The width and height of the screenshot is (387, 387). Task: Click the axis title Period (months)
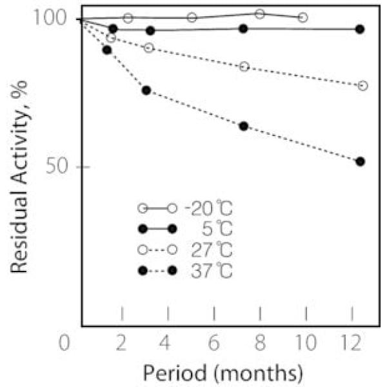(x=223, y=372)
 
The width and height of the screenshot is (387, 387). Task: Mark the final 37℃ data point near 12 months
(x=360, y=161)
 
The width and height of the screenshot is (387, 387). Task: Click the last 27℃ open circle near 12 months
(x=362, y=86)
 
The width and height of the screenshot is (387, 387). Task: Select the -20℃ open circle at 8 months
(x=260, y=14)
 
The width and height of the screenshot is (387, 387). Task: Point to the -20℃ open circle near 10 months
(x=303, y=17)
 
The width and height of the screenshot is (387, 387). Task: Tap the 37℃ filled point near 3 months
(x=146, y=90)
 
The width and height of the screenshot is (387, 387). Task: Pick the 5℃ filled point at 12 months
(x=360, y=29)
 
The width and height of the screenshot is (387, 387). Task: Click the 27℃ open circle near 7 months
(x=244, y=66)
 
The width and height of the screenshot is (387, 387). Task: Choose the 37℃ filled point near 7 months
(x=243, y=126)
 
